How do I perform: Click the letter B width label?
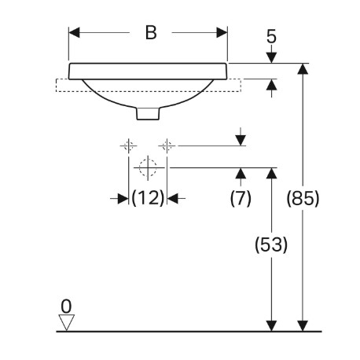coord(151,33)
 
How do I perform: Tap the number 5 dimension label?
coord(271,36)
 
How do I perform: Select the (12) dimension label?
coord(148,198)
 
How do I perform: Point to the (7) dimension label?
coord(241,198)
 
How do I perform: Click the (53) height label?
coord(271,244)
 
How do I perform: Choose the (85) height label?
coord(303,198)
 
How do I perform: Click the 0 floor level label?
coord(66,307)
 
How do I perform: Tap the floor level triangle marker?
coord(67,322)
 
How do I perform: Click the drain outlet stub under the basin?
coord(148,113)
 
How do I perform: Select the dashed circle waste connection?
coord(148,167)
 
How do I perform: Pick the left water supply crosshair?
coord(128,145)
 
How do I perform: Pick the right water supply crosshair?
coord(167,145)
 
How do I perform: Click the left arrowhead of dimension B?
coord(74,33)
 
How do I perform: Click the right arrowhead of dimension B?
coord(222,33)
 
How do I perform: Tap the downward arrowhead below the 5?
coord(271,57)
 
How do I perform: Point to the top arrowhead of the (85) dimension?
coord(303,69)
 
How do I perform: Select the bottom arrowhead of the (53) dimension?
coord(271,326)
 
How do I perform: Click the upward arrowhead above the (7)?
coord(241,174)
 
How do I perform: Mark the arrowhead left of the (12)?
coord(123,199)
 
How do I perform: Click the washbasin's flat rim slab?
coord(148,71)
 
